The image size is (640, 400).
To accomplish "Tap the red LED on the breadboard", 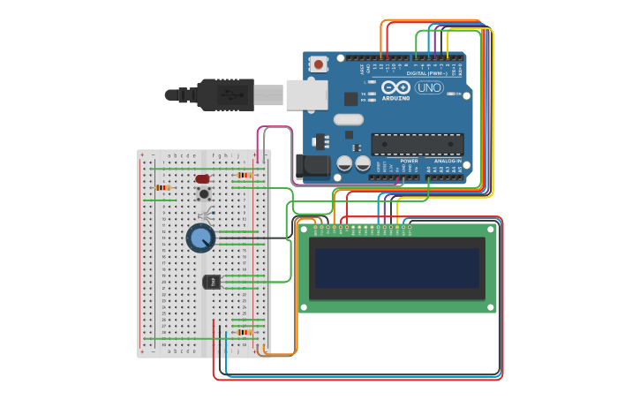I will pos(202,178).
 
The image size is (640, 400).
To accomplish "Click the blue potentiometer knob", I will pos(200,237).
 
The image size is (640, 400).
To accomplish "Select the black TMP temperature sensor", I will pos(210,282).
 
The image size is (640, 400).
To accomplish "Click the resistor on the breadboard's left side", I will pos(162,187).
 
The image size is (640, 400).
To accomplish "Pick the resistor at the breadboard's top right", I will pos(244,175).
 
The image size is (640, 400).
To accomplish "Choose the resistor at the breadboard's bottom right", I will pos(244,332).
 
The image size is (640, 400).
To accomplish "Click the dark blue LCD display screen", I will pos(397,268).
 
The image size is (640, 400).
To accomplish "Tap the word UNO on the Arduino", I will pos(429,88).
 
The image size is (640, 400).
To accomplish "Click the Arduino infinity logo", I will pos(396,87).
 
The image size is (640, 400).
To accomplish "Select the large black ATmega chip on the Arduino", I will pos(417,144).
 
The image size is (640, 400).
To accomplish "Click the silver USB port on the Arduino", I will pos(306,94).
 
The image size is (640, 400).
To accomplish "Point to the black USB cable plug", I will pos(224,94).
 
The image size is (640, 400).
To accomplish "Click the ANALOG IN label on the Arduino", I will pos(447,162).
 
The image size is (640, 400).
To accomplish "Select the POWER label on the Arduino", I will pos(409,162).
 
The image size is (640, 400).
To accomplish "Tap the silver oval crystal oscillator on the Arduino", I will pos(348,119).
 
